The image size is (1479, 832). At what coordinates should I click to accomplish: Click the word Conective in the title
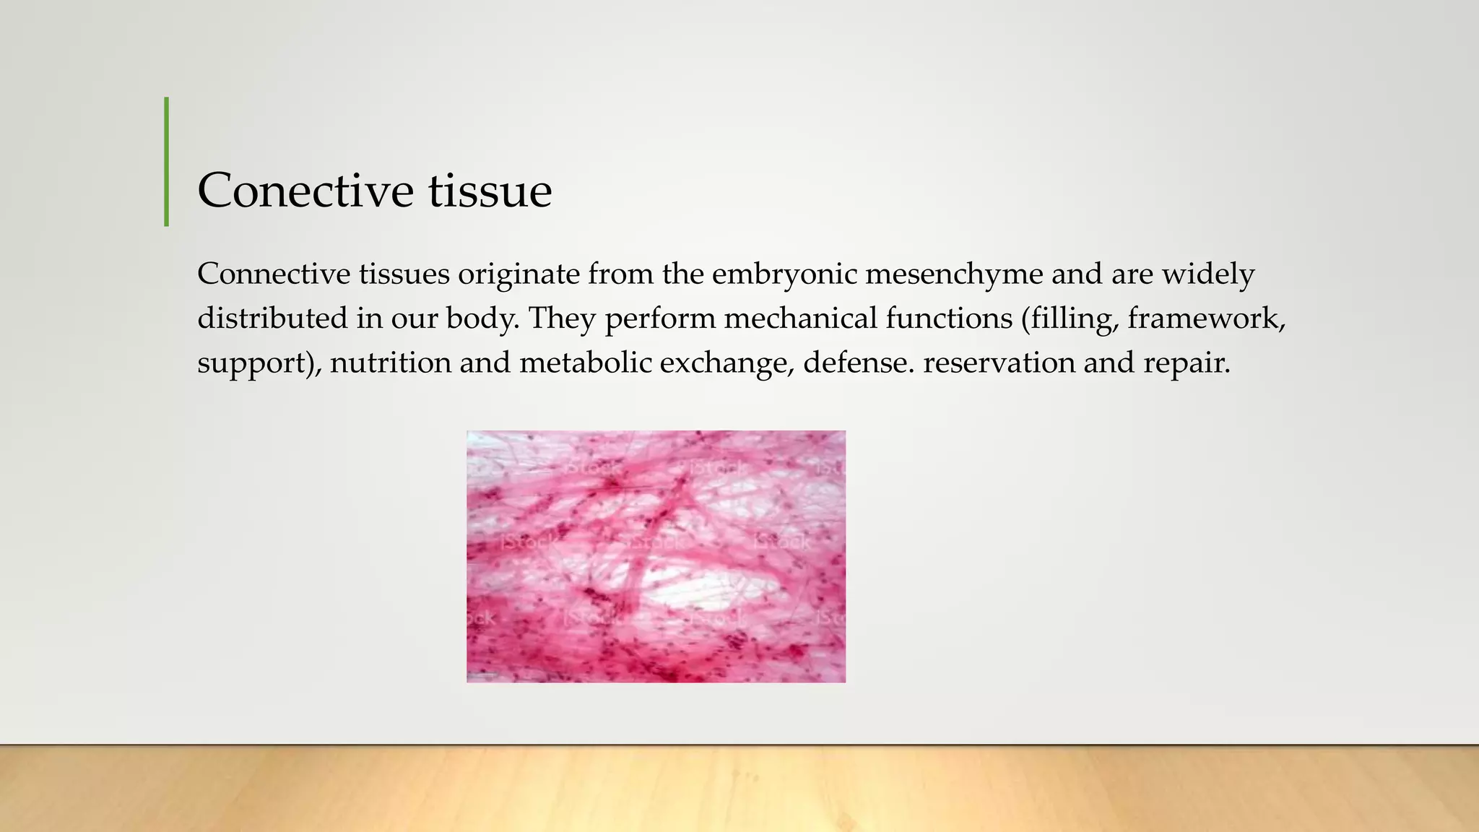coord(305,191)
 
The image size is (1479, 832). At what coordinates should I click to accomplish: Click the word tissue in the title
coord(490,191)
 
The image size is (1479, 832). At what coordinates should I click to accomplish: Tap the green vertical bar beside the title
coord(167,162)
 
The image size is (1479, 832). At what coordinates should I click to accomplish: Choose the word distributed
coord(272,318)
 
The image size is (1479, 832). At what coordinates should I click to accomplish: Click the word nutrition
coord(390,363)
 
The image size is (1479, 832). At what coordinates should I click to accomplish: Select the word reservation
coord(999,363)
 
